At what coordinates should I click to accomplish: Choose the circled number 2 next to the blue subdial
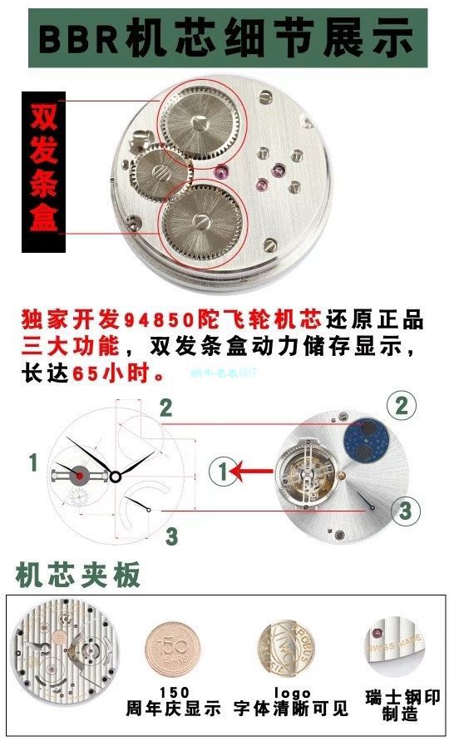402,407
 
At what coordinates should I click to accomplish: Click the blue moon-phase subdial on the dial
363,437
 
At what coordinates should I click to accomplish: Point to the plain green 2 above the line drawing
166,408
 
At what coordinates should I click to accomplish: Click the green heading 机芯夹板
79,575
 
